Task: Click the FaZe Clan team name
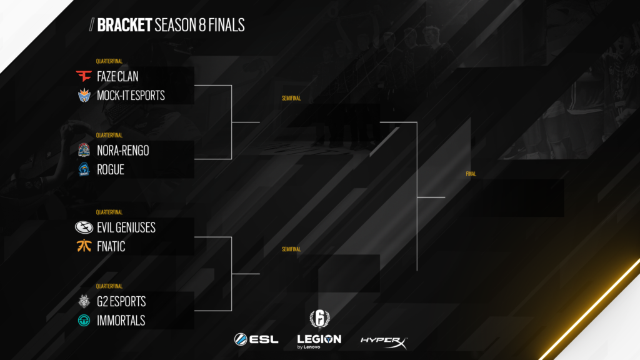117,77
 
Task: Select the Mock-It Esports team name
131,96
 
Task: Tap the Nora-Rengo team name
122,151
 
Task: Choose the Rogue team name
110,169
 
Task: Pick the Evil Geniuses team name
126,227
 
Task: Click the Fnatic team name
111,246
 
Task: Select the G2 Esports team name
121,301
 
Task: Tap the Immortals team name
121,320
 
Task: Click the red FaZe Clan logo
84,77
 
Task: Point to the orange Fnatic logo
84,246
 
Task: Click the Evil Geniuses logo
84,227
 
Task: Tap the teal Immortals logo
84,320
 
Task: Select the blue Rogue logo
84,169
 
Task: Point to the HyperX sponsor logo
384,341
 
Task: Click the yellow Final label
471,174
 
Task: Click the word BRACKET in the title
125,25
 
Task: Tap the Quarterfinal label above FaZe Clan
109,61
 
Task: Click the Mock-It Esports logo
84,96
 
